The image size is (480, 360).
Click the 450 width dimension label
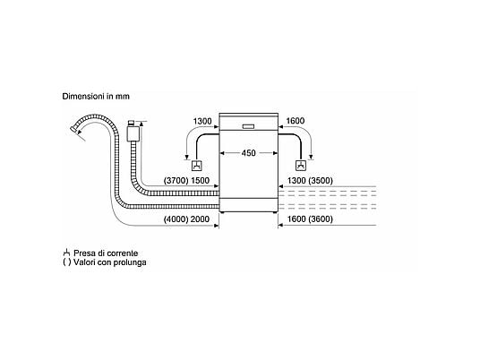(248, 153)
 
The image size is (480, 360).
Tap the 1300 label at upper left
(202, 121)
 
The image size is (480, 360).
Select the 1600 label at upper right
(296, 121)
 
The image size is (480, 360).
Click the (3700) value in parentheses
(176, 181)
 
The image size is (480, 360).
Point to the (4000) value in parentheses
(176, 219)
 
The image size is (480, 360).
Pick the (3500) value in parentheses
(321, 181)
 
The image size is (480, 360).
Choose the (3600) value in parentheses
(321, 219)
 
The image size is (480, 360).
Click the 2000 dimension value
(200, 219)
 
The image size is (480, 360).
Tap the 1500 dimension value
(201, 181)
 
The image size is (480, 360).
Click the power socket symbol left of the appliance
(197, 166)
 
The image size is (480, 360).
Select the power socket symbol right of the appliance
(301, 166)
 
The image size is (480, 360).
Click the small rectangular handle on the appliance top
(248, 126)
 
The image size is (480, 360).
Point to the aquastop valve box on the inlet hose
(133, 133)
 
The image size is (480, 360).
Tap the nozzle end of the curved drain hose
(73, 129)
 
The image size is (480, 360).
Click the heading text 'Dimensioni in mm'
(96, 96)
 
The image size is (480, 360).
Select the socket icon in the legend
(66, 253)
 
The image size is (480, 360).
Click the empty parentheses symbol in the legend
(67, 262)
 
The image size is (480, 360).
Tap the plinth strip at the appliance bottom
(249, 205)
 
